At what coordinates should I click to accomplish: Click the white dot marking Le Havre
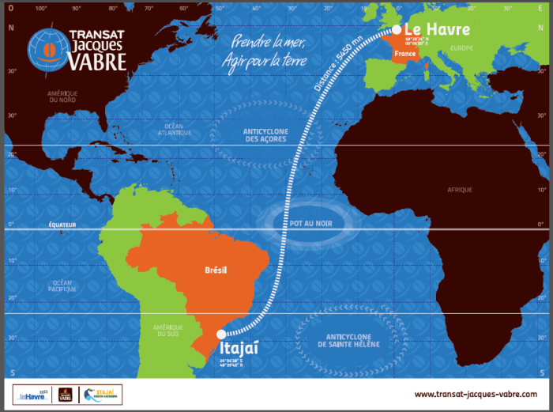pyautogui.click(x=396, y=29)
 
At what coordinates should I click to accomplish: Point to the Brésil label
pyautogui.click(x=215, y=270)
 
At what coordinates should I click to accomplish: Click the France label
pyautogui.click(x=404, y=54)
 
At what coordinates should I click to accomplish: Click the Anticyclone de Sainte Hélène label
pyautogui.click(x=348, y=341)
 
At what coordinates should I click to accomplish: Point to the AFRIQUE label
pyautogui.click(x=459, y=190)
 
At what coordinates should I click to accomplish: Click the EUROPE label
pyautogui.click(x=460, y=48)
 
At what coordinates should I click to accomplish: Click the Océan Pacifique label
pyautogui.click(x=66, y=285)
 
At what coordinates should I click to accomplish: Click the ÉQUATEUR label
pyautogui.click(x=61, y=225)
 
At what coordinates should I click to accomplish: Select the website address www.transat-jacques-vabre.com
pyautogui.click(x=475, y=393)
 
